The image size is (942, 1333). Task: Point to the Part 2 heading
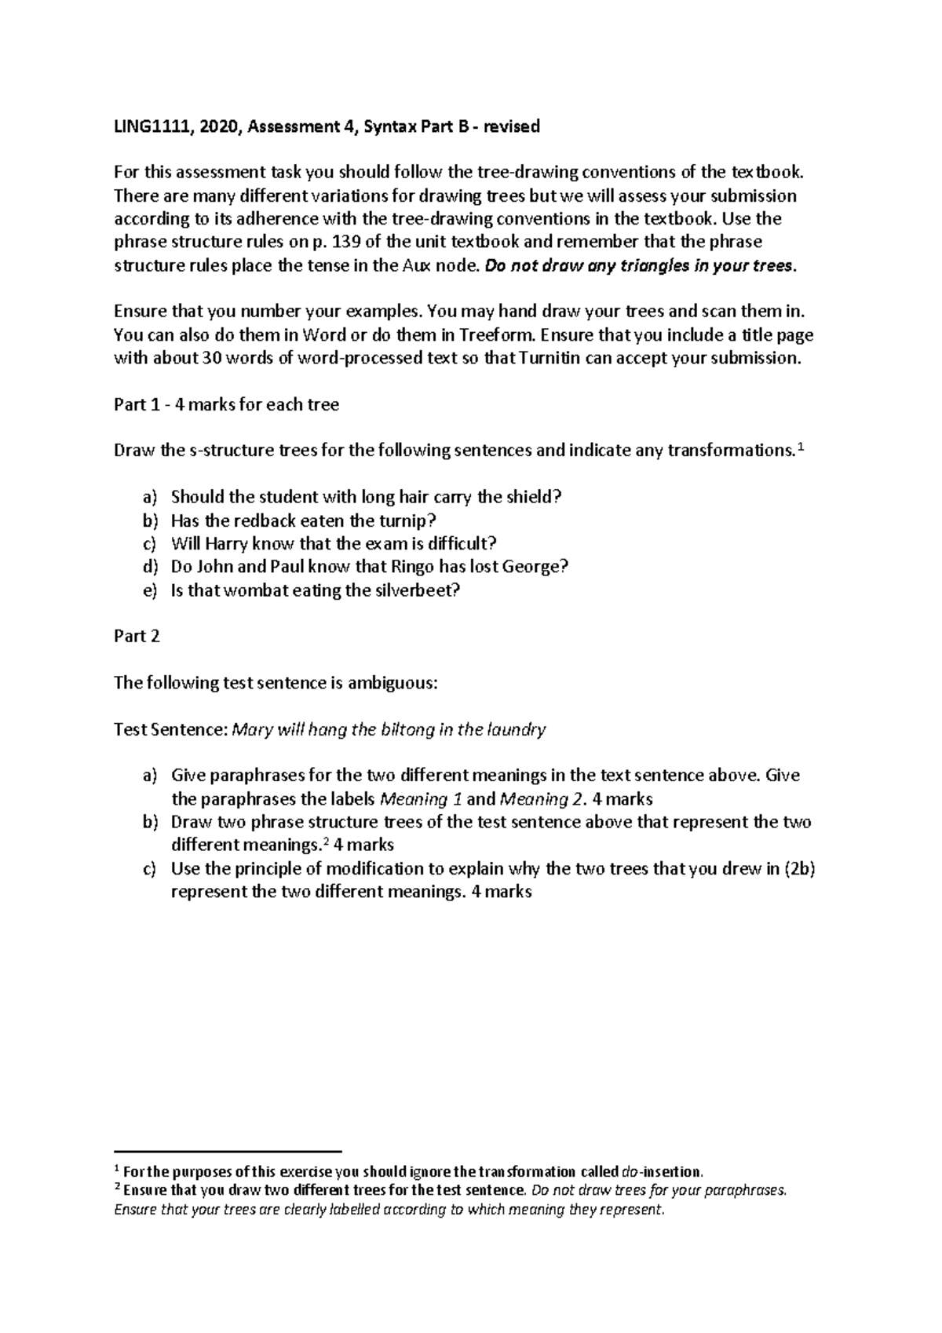tap(137, 636)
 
